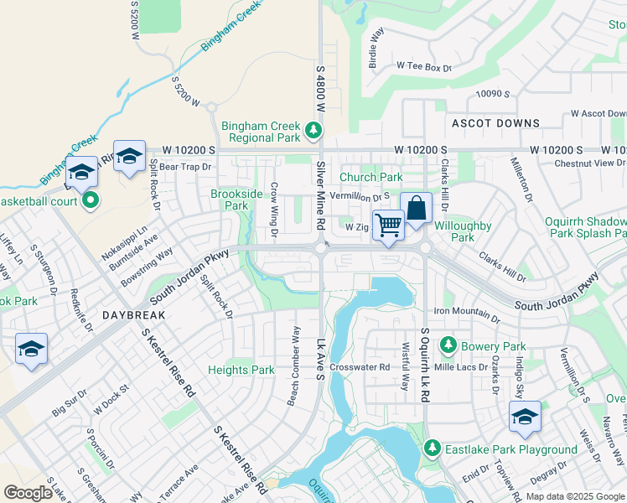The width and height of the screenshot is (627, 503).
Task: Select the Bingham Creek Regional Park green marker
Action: click(x=313, y=130)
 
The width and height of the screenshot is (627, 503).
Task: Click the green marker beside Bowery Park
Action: click(x=448, y=345)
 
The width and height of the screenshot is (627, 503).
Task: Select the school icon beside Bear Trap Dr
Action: click(x=130, y=156)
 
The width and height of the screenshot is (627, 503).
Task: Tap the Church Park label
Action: click(x=371, y=177)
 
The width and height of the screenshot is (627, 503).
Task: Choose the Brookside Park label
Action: click(x=228, y=200)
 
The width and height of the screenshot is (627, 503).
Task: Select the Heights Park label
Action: click(x=241, y=370)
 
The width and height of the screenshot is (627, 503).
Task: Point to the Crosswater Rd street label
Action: click(x=360, y=367)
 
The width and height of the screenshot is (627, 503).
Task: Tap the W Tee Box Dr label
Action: click(x=424, y=65)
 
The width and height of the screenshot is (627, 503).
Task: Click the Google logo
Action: click(x=28, y=493)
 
